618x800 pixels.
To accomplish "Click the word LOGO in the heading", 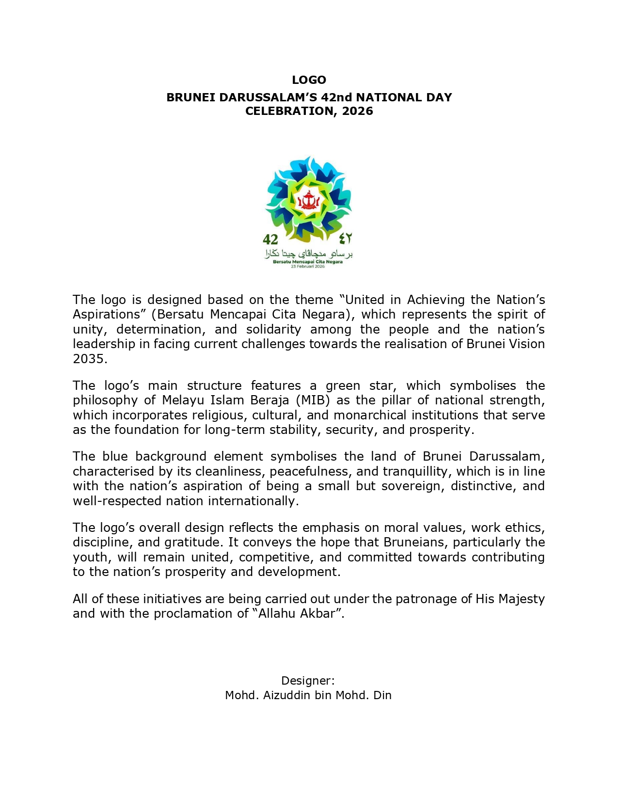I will (x=309, y=80).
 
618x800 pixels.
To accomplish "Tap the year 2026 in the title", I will (x=357, y=111).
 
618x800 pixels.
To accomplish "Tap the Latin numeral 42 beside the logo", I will (x=270, y=239).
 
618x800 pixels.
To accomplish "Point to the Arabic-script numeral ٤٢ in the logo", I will (x=345, y=238).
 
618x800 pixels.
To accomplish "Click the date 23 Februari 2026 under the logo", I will (x=308, y=267).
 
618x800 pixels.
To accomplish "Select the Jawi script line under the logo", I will (x=308, y=254).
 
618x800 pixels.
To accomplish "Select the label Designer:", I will (x=308, y=680).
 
